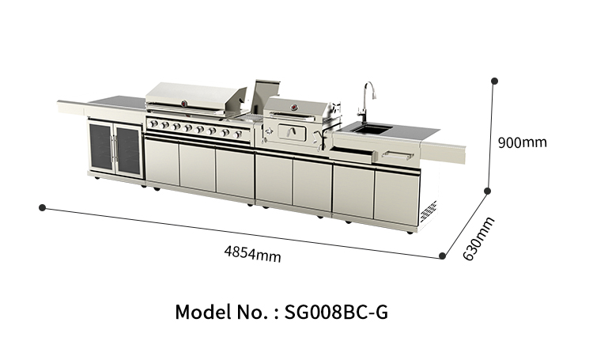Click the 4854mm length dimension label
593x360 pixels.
coord(252,254)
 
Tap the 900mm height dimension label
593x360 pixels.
coord(522,143)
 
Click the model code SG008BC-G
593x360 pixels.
coord(333,311)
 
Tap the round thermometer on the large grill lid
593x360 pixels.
coord(186,103)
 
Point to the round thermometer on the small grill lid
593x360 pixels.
coord(296,107)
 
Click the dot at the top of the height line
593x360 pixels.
coord(494,80)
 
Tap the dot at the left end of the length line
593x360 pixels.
coord(41,207)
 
